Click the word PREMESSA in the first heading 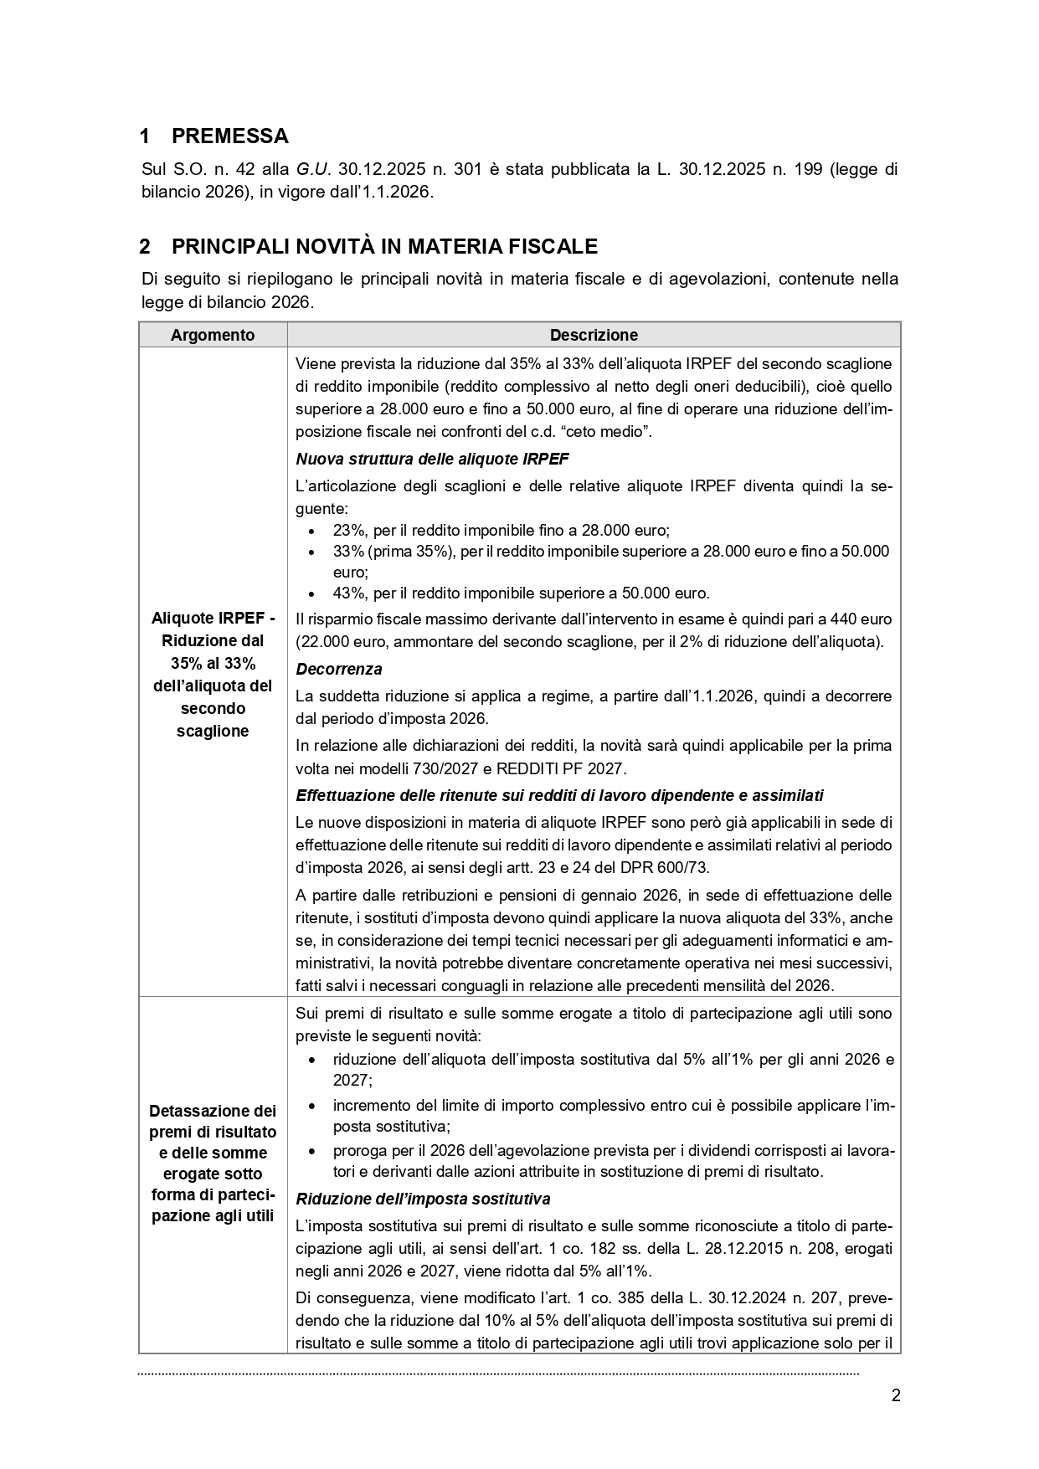click(x=229, y=136)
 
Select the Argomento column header click(x=213, y=335)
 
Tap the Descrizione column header click(x=594, y=335)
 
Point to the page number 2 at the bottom click(x=896, y=1395)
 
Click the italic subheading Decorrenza click(x=339, y=669)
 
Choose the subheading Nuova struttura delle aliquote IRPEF click(x=432, y=459)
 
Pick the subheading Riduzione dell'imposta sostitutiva click(x=423, y=1199)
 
